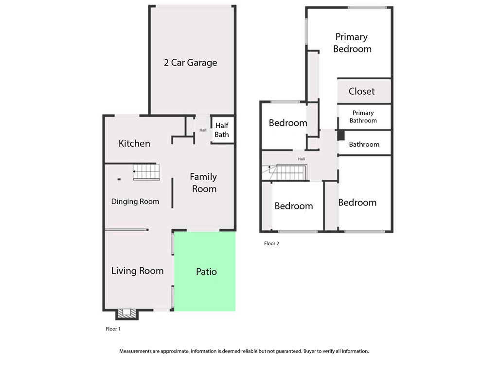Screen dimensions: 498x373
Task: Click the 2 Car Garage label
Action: coord(190,63)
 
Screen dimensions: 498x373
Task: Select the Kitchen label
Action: coord(134,143)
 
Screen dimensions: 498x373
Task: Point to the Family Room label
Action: coord(204,183)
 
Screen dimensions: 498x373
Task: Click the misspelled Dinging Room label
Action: coord(135,202)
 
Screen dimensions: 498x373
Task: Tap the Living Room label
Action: coord(137,271)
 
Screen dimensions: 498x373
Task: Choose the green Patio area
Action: coord(205,271)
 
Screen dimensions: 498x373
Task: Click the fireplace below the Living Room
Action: coord(127,314)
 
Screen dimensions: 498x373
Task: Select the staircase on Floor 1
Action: coord(146,172)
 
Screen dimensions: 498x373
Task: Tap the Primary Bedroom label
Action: coord(352,43)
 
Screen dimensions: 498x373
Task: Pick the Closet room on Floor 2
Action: coord(364,91)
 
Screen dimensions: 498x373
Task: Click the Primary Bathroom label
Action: coord(363,117)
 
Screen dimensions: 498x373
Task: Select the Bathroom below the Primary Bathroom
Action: coord(364,144)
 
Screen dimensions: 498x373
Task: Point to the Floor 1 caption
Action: coord(113,329)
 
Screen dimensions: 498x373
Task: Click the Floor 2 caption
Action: coord(271,244)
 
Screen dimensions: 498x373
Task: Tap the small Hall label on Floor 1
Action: coord(203,130)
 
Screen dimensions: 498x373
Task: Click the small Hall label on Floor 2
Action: coord(302,159)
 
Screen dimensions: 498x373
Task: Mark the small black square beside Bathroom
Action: coord(341,136)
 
